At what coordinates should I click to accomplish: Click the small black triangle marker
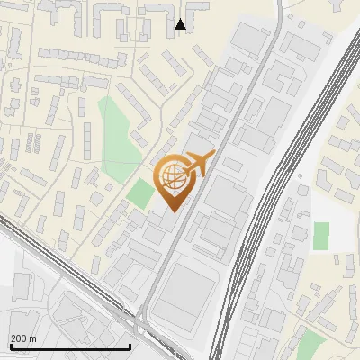point(181,24)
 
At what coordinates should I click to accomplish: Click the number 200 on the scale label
point(20,338)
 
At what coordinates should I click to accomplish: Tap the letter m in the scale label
point(33,338)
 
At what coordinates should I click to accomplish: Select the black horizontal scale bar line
point(70,346)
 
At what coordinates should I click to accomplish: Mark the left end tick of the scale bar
point(11,345)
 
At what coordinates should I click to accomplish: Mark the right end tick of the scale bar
point(130,345)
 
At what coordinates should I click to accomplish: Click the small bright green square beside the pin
point(139,193)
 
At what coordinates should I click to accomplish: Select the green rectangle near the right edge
point(320,236)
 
